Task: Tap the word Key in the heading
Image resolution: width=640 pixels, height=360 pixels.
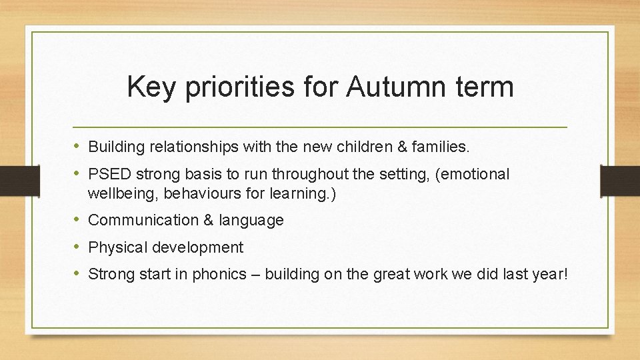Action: (x=150, y=87)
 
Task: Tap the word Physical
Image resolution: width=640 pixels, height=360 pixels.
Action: (x=117, y=247)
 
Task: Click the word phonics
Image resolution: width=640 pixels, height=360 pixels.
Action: (x=219, y=274)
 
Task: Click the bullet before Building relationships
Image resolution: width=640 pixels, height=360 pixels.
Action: (x=77, y=146)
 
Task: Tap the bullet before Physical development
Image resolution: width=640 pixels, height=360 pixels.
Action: (x=77, y=247)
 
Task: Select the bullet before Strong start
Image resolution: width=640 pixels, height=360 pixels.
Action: (x=77, y=274)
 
